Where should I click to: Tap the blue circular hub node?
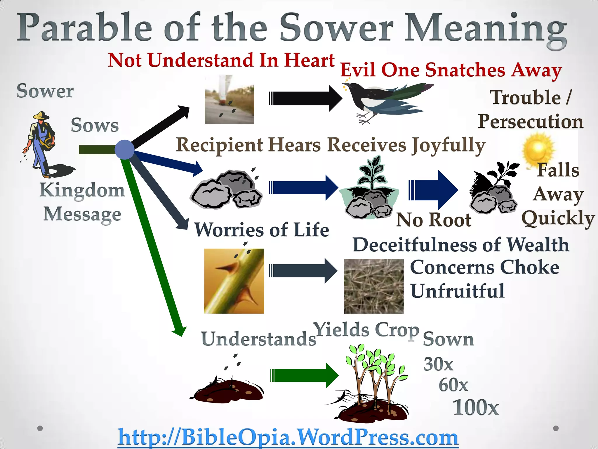[124, 150]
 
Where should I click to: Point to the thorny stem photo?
[234, 281]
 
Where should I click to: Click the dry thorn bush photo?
[373, 286]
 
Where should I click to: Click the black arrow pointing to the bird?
[305, 99]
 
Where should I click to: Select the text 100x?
[475, 407]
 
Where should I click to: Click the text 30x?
[438, 364]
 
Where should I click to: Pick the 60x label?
[453, 385]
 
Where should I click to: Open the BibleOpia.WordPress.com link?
[288, 437]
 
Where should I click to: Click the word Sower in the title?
[336, 28]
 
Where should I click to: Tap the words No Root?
[434, 220]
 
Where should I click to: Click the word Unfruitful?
[457, 291]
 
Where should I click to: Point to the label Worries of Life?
[262, 230]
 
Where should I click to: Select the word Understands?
[258, 339]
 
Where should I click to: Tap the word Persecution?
[530, 121]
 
